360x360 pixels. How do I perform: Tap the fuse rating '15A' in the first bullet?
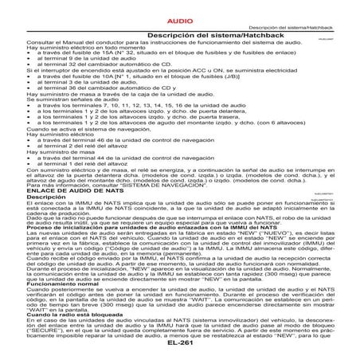point(98,54)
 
